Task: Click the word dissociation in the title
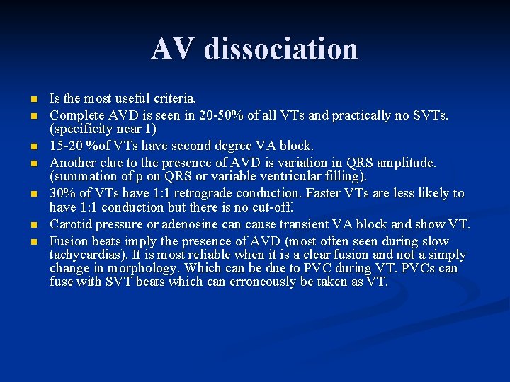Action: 281,49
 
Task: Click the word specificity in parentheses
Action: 85,129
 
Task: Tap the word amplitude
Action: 407,162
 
